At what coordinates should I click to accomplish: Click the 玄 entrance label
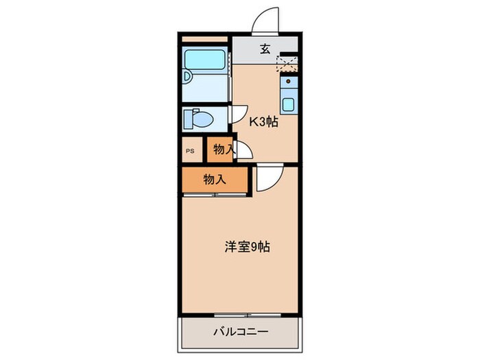[264, 48]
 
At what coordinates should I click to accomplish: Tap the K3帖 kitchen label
[263, 123]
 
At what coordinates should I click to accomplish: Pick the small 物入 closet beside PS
[221, 149]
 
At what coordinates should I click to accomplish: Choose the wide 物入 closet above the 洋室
[214, 180]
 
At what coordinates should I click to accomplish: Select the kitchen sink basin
[289, 105]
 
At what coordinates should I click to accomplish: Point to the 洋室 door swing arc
[267, 180]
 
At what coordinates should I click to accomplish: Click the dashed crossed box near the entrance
[287, 64]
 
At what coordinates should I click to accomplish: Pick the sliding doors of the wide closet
[214, 195]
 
